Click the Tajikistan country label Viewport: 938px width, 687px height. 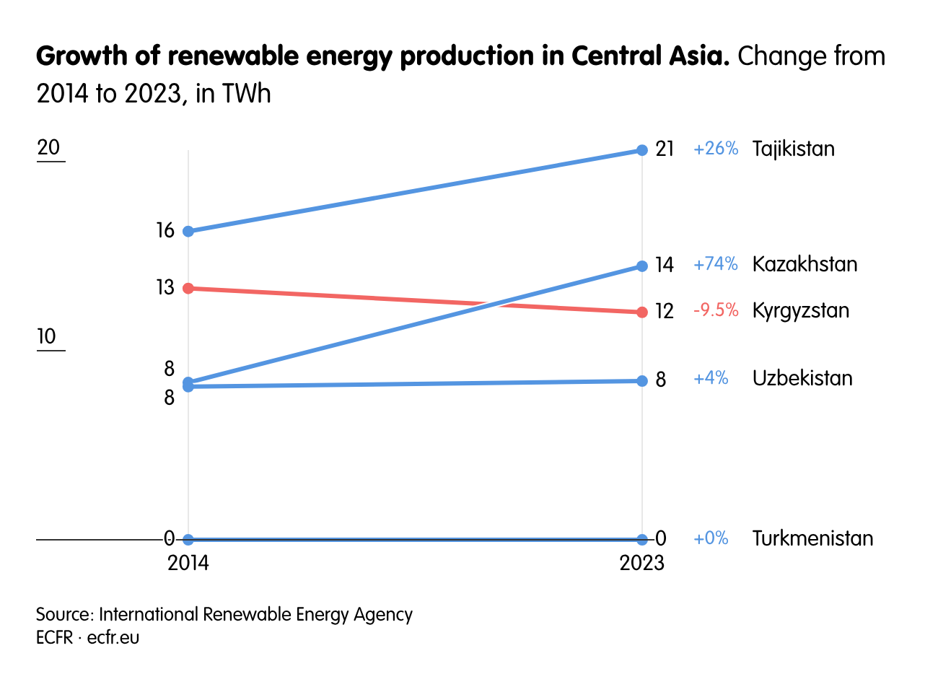(x=793, y=149)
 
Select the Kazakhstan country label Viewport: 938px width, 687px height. (x=805, y=264)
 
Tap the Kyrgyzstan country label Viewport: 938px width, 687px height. (x=800, y=311)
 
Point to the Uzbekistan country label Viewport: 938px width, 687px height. (x=802, y=379)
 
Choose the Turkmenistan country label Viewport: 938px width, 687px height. (x=812, y=538)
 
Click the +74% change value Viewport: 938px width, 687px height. (x=715, y=264)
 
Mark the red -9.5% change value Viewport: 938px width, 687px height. (x=715, y=311)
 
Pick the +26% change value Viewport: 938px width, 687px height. (x=715, y=149)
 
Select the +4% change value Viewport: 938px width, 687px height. (x=711, y=379)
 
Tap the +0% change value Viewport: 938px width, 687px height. (x=711, y=538)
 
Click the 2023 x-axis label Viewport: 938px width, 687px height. (x=641, y=563)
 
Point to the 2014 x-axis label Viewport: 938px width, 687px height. (x=188, y=563)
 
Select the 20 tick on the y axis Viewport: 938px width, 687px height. (x=48, y=148)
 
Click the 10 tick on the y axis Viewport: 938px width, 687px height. (x=46, y=337)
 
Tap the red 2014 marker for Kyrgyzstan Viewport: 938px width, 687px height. (x=188, y=289)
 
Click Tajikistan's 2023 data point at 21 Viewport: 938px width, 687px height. (x=641, y=150)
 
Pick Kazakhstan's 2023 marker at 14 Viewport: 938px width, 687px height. (x=641, y=266)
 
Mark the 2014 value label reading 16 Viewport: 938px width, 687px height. (x=165, y=231)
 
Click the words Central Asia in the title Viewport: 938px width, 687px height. (x=649, y=56)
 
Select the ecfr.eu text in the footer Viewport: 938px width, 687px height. (x=113, y=638)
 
